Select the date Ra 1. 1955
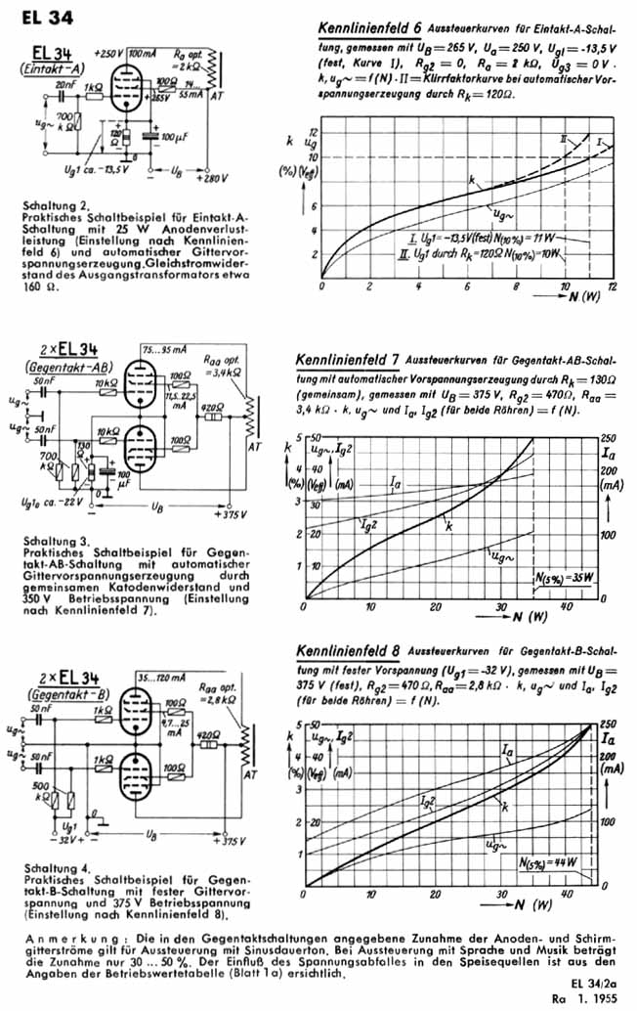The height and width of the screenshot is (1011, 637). (589, 998)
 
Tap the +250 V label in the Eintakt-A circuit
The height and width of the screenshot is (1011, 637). (106, 53)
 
